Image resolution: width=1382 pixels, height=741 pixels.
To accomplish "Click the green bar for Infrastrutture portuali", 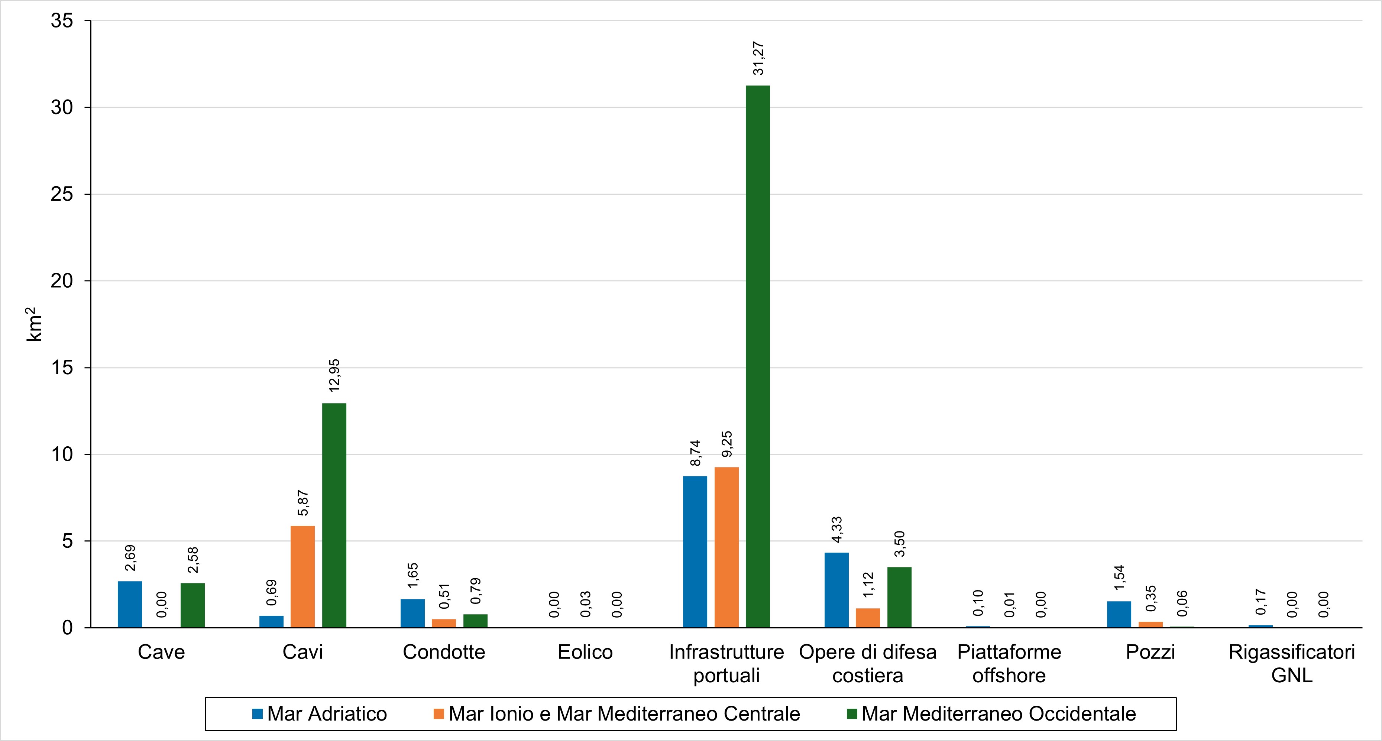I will [758, 356].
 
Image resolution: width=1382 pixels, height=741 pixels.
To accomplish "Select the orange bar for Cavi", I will [302, 576].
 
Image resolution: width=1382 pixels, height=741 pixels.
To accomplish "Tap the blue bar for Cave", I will [130, 604].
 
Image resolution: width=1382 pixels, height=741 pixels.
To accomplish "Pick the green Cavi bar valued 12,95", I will [334, 515].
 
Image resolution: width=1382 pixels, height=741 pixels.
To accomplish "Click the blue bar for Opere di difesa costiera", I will [836, 590].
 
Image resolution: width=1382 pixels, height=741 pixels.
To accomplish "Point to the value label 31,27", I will [758, 58].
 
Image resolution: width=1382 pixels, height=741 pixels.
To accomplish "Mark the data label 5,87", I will [303, 503].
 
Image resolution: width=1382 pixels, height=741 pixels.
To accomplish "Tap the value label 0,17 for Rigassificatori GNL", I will [1261, 602].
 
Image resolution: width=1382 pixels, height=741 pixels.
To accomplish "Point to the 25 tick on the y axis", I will [62, 194].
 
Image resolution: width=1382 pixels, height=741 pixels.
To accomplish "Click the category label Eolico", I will [585, 652].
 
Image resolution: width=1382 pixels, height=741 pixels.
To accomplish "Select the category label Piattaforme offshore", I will [1009, 663].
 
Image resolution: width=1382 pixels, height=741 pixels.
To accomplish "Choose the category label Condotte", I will [444, 652].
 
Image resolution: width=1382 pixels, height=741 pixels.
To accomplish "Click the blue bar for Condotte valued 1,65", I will [412, 613].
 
